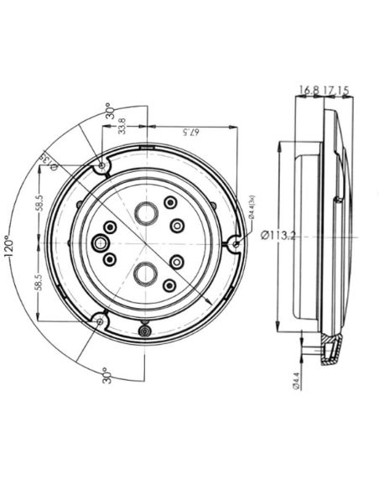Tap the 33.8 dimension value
tap(122, 126)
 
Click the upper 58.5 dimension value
tap(39, 205)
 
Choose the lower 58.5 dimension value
tap(39, 281)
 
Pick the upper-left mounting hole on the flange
tap(102, 164)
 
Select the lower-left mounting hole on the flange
tap(101, 320)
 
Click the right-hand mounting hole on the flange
tap(236, 244)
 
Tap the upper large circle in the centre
tap(147, 213)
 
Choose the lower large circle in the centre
tap(147, 272)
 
